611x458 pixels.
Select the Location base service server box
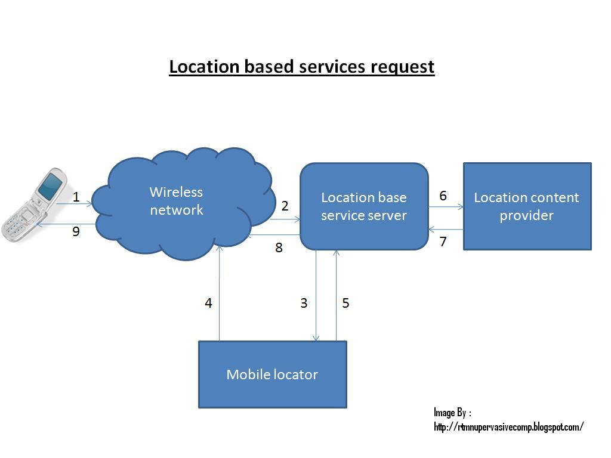click(364, 206)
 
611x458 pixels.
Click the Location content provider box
click(527, 206)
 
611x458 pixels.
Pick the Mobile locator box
click(272, 375)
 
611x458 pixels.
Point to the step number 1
click(76, 197)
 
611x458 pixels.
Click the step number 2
click(285, 206)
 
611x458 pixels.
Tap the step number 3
click(304, 303)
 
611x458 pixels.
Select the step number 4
click(208, 303)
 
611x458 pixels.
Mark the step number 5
click(345, 303)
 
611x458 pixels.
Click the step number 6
click(443, 196)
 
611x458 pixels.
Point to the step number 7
click(443, 242)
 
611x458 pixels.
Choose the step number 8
click(279, 247)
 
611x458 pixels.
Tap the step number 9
click(76, 231)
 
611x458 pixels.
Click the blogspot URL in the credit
click(508, 427)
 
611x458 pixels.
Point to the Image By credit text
click(452, 413)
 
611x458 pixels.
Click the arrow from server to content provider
click(446, 207)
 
